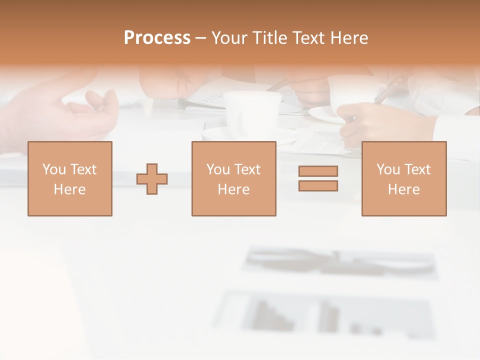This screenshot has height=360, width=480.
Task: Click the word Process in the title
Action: pyautogui.click(x=157, y=38)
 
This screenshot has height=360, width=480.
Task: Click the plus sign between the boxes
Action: pyautogui.click(x=152, y=179)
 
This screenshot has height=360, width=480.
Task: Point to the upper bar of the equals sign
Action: pyautogui.click(x=318, y=171)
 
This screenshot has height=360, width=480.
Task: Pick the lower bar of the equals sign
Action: pyautogui.click(x=318, y=186)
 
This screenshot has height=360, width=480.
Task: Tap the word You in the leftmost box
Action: pyautogui.click(x=53, y=169)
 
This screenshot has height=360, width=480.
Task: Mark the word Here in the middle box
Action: pyautogui.click(x=233, y=189)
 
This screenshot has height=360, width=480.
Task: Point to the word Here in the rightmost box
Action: pyautogui.click(x=403, y=189)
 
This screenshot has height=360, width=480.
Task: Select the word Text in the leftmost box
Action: pyautogui.click(x=83, y=169)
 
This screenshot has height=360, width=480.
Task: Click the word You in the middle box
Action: pyautogui.click(x=217, y=169)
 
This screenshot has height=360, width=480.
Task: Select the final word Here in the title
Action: pyautogui.click(x=348, y=38)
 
